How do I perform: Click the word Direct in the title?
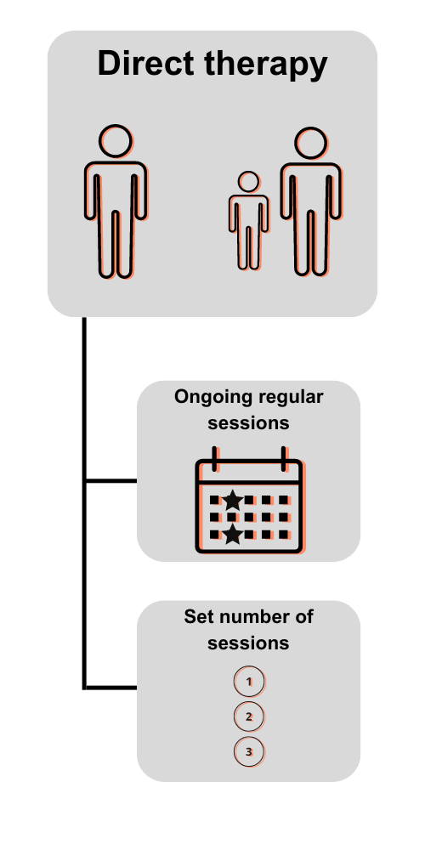[x=145, y=63]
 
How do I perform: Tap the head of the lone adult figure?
[x=116, y=141]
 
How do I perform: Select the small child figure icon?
[x=249, y=221]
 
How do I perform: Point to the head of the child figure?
[x=249, y=182]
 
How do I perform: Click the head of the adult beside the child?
[x=311, y=144]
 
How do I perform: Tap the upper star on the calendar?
[x=233, y=501]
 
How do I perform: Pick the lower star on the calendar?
[x=233, y=534]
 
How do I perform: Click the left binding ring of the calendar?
[x=215, y=460]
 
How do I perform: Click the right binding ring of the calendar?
[x=284, y=460]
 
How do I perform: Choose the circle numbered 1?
[x=249, y=682]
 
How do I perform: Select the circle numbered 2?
[x=249, y=717]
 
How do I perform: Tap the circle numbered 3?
[x=249, y=752]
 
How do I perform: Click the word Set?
[x=196, y=617]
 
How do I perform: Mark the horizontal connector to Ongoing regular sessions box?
[x=111, y=480]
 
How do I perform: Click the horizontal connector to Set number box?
[x=111, y=688]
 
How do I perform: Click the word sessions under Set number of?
[x=248, y=643]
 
